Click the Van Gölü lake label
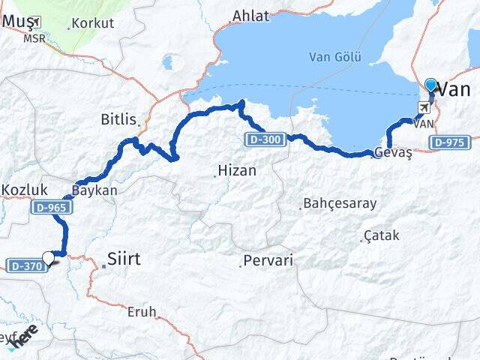click(335, 57)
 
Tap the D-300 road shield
click(264, 138)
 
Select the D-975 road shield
click(451, 142)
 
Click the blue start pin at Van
click(430, 85)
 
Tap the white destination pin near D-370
click(49, 258)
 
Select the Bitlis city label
click(119, 119)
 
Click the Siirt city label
click(124, 259)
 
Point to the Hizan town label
click(236, 171)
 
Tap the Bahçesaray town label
click(339, 203)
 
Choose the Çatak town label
click(381, 236)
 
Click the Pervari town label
click(268, 261)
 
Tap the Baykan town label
click(95, 190)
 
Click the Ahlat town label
click(250, 16)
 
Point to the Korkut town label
click(93, 23)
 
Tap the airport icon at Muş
click(35, 22)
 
